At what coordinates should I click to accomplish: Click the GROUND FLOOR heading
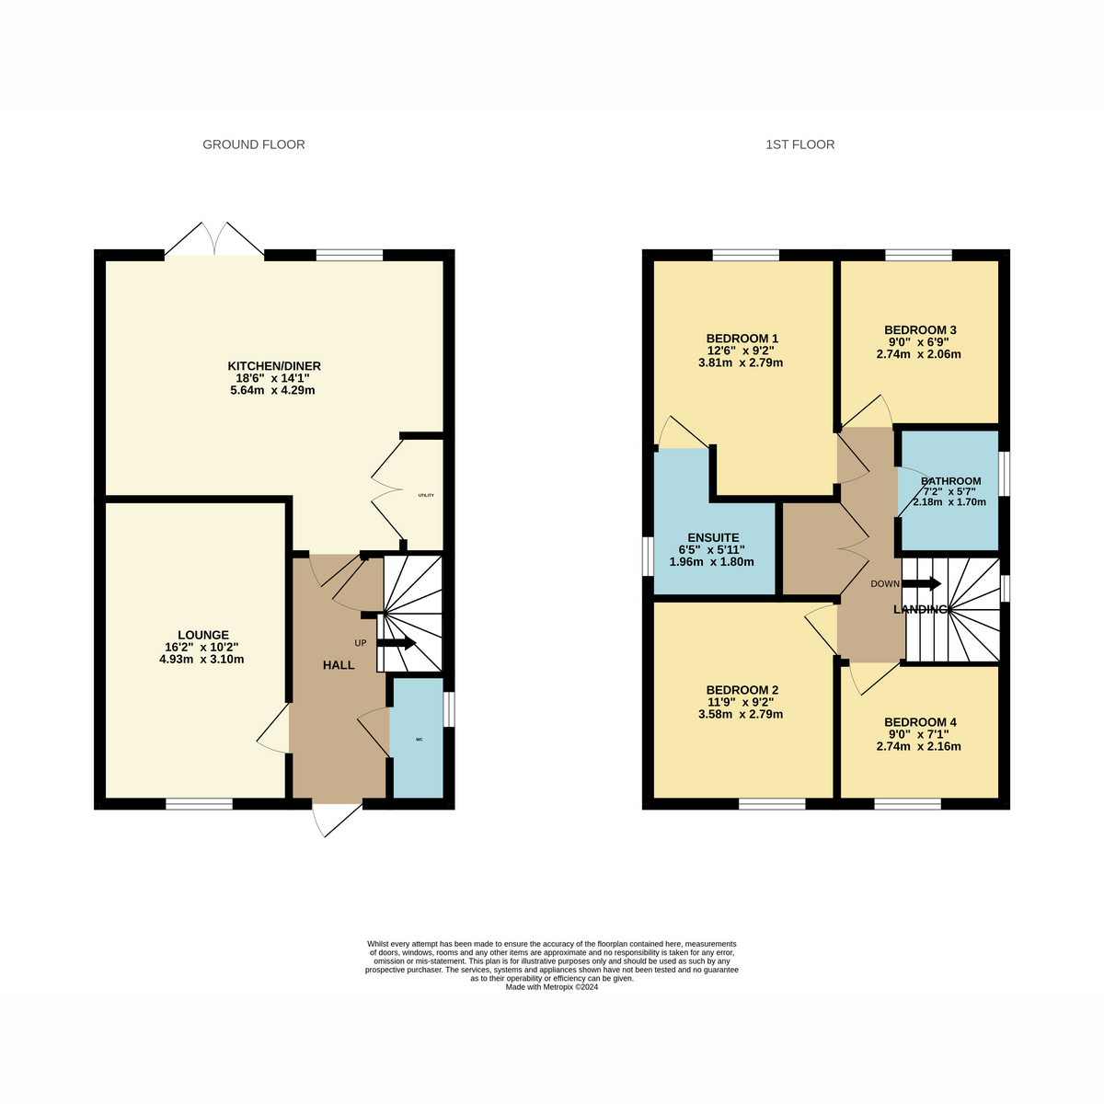click(253, 144)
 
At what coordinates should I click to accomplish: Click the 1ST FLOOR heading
click(799, 144)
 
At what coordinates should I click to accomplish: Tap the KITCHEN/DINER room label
click(274, 366)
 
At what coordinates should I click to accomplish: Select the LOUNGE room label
click(202, 635)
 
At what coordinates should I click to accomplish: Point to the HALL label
click(339, 665)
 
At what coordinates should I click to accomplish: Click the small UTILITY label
click(426, 496)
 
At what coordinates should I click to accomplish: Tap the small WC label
click(419, 740)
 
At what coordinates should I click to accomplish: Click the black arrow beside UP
click(397, 643)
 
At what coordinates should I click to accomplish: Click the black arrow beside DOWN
click(922, 583)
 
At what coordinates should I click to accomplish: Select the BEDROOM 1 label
click(742, 338)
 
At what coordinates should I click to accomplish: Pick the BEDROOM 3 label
click(920, 330)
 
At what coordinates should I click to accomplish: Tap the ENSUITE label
click(713, 537)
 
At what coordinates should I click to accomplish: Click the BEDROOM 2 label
click(742, 690)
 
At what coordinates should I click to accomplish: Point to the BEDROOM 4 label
click(920, 722)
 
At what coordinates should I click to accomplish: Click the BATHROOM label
click(951, 481)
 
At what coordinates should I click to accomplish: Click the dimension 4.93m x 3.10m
click(201, 659)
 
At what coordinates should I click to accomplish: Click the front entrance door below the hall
click(337, 818)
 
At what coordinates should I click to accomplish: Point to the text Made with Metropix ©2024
click(552, 987)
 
